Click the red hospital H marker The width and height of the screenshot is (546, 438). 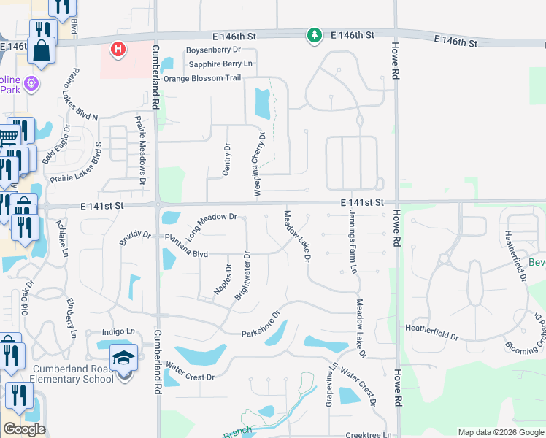[x=118, y=50]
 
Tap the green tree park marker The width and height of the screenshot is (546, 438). [x=315, y=35]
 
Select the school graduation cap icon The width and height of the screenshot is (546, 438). [x=123, y=358]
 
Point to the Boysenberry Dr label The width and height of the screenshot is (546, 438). [x=213, y=50]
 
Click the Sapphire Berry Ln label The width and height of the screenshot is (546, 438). [x=215, y=64]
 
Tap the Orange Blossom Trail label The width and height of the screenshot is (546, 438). [x=202, y=79]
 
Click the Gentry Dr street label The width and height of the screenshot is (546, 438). [x=226, y=161]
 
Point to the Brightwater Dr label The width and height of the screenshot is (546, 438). [x=242, y=276]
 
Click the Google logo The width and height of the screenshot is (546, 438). [x=24, y=429]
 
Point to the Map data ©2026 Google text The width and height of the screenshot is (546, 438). [x=500, y=432]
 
